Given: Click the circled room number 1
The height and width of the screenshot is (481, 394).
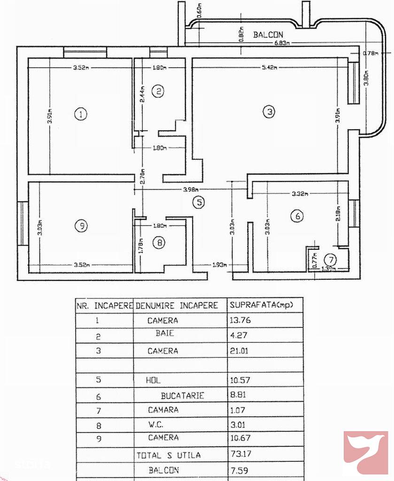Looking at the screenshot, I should (x=81, y=114).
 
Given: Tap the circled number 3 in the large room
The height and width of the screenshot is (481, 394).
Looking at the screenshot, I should (x=268, y=112).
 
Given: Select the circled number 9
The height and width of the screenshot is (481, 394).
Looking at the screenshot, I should (x=81, y=226).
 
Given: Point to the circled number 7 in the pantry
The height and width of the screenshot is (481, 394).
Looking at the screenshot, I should (x=332, y=259).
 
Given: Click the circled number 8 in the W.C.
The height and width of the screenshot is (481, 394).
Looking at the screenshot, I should (x=160, y=243).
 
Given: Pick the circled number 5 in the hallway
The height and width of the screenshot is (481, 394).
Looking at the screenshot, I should (x=199, y=202).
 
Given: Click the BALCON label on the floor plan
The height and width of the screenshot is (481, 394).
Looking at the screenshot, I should (x=268, y=35).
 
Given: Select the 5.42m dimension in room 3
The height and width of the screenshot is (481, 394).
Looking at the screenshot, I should (x=269, y=68).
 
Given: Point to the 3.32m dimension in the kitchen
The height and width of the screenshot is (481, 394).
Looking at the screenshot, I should (x=299, y=194).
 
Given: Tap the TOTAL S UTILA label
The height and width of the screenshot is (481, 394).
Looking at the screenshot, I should (x=169, y=455).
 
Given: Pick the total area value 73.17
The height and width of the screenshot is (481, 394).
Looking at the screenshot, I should (x=239, y=455).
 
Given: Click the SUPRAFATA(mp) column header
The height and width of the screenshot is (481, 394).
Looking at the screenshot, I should (x=261, y=305).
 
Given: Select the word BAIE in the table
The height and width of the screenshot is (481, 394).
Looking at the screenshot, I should (x=164, y=334).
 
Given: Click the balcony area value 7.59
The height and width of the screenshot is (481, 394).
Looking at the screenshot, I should (x=239, y=470).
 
